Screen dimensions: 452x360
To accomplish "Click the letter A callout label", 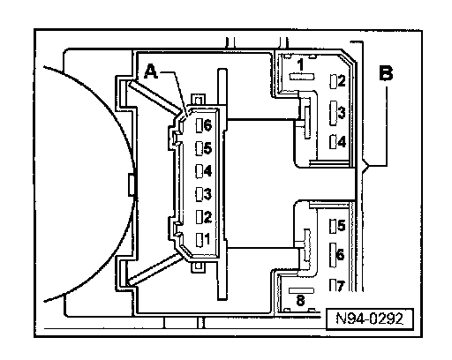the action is coord(151,72).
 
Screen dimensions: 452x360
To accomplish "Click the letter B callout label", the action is coord(386,73).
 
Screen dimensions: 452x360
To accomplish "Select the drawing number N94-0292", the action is coord(369,319).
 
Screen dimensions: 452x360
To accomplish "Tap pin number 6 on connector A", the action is coord(207,125).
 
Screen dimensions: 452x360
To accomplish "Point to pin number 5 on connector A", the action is coord(207,148).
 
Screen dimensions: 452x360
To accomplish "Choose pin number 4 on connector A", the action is coord(207,170).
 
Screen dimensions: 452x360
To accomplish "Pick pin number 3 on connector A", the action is coord(207,194).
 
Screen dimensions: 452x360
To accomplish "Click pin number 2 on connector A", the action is coord(207,217).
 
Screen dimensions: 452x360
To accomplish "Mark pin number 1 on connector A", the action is coord(207,239).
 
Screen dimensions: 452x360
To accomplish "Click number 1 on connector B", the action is coord(300,65).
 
